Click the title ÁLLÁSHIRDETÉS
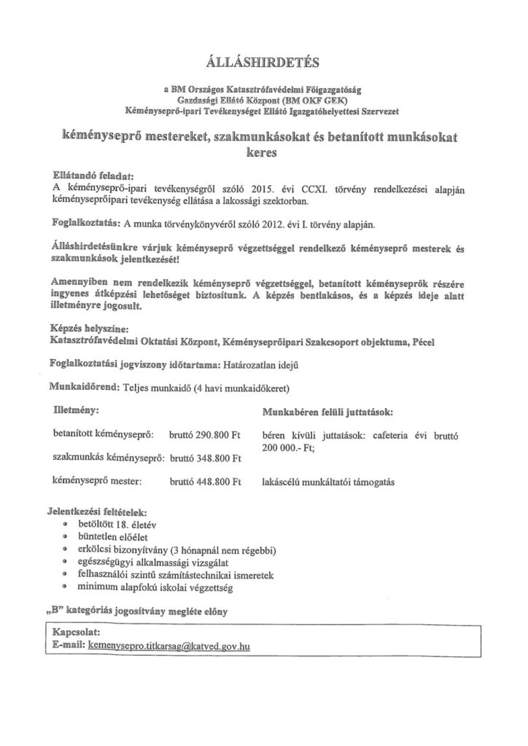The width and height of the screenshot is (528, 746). pyautogui.click(x=263, y=61)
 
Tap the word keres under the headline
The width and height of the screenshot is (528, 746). pyautogui.click(x=263, y=154)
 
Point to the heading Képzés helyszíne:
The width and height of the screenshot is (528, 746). pyautogui.click(x=90, y=329)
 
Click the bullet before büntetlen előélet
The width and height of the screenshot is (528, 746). pyautogui.click(x=66, y=536)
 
